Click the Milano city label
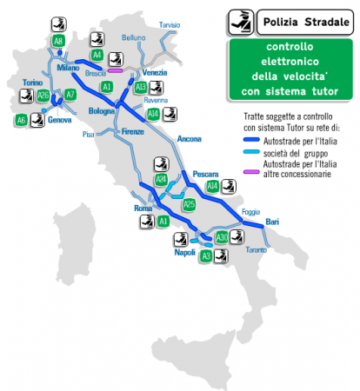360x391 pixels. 68,67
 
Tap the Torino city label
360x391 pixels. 33,82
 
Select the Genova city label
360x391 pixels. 60,120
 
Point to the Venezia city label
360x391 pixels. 154,71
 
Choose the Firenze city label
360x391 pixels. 132,130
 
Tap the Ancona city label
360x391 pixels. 189,139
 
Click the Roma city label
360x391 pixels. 143,209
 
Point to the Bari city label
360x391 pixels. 272,222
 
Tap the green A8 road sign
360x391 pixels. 58,41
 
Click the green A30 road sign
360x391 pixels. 222,236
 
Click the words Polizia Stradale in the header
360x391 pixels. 296,20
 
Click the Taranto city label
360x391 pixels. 256,250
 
